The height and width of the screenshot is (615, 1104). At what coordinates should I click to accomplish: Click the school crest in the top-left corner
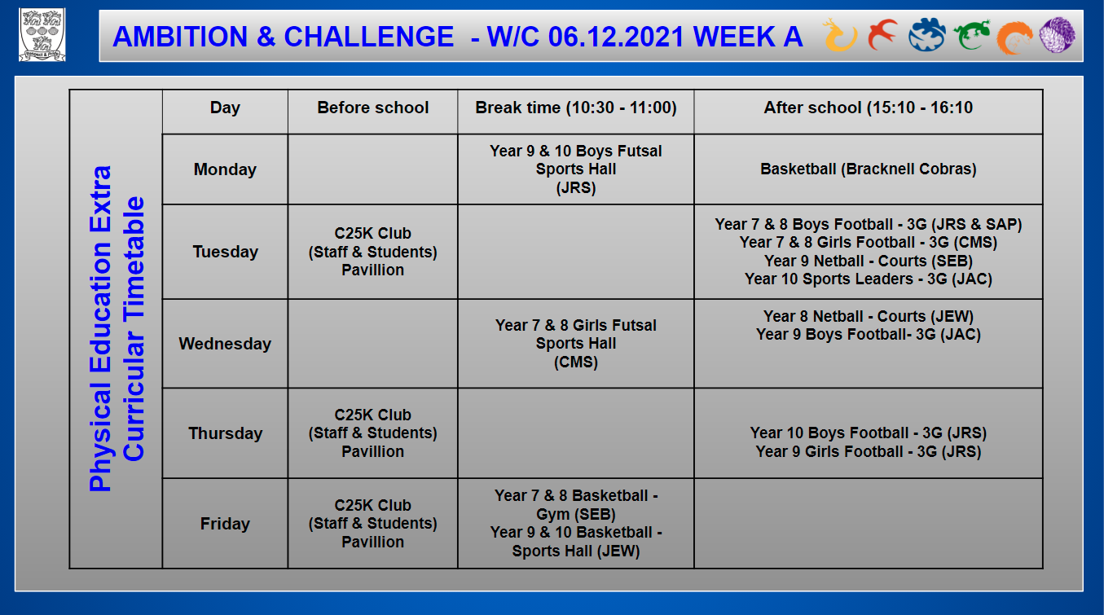tap(42, 34)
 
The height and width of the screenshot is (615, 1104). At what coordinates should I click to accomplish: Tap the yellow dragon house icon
tap(839, 36)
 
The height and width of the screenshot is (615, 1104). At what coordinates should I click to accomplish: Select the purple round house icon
tap(1057, 34)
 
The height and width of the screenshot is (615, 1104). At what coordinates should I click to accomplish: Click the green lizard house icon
tap(971, 35)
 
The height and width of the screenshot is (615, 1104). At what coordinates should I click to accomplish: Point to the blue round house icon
tap(926, 34)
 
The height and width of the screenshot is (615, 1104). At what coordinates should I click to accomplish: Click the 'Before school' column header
tap(372, 108)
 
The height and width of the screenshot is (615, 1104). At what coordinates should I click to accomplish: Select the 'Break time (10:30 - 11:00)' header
tap(576, 108)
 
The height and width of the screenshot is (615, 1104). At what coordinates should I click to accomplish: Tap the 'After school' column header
tap(868, 108)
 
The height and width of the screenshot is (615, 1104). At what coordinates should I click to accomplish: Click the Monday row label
tap(225, 169)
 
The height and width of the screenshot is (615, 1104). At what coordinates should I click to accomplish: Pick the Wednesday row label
tap(225, 344)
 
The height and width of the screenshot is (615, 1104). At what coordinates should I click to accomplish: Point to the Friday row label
tap(225, 523)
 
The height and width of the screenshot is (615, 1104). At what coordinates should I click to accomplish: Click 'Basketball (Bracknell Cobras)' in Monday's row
tap(868, 169)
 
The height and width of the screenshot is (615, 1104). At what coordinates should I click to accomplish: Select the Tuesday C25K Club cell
tap(372, 252)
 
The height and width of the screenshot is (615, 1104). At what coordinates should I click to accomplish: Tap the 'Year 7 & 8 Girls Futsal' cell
tap(576, 344)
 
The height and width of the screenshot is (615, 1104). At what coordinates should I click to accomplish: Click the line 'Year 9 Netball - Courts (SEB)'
tap(868, 261)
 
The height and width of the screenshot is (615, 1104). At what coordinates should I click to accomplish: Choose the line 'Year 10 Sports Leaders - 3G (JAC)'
tap(868, 279)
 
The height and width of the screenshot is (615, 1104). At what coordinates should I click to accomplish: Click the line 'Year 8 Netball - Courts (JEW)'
tap(868, 316)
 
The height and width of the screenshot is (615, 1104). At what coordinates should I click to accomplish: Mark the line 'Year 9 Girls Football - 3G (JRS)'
tap(868, 451)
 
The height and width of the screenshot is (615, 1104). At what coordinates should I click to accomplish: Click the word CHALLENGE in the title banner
tap(368, 37)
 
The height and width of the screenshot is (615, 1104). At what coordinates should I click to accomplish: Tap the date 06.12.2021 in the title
tap(616, 37)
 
